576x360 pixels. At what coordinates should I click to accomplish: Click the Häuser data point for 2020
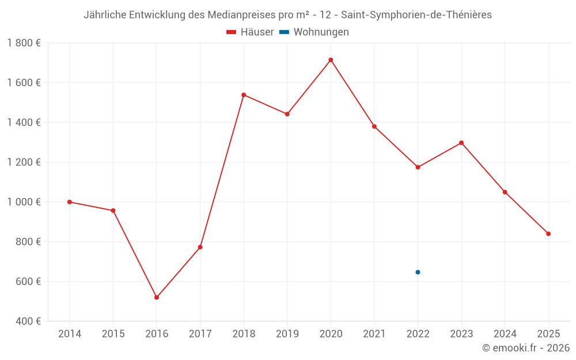(331, 60)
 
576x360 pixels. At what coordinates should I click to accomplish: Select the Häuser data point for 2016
(157, 297)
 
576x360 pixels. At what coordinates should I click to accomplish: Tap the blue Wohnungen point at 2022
(418, 272)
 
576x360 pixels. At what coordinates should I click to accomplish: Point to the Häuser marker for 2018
(244, 94)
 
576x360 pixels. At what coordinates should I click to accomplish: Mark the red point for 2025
(548, 234)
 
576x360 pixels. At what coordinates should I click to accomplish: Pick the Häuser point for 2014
(70, 202)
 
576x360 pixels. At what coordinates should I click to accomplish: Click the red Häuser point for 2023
(461, 143)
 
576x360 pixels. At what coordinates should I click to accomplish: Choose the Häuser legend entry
(250, 32)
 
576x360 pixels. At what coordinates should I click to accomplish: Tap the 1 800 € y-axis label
(24, 43)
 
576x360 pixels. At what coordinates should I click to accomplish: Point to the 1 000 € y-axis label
(24, 202)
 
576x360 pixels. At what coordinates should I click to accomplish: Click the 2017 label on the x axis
(200, 334)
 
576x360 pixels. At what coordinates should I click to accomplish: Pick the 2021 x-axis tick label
(374, 334)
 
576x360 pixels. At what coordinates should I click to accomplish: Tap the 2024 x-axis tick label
(505, 334)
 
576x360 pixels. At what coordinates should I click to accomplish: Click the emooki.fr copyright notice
(526, 348)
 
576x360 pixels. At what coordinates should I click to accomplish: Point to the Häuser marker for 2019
(287, 114)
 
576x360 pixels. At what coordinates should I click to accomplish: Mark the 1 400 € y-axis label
(24, 123)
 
